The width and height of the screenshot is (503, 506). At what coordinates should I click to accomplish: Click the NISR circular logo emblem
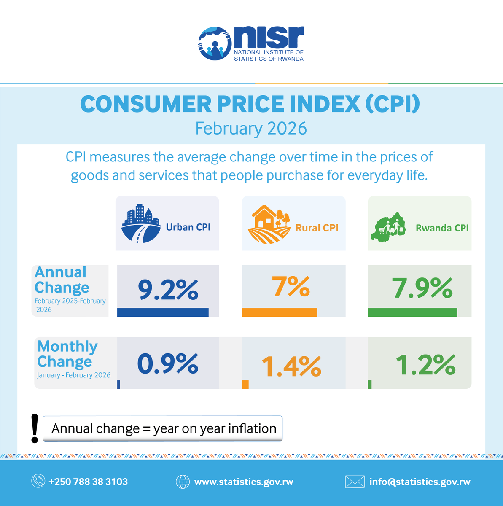[x=215, y=43]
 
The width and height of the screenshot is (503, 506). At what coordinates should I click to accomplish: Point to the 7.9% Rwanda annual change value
[x=422, y=288]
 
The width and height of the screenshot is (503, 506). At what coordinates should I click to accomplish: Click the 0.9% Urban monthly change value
[x=168, y=363]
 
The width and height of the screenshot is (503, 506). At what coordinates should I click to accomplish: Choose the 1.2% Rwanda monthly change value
[x=425, y=365]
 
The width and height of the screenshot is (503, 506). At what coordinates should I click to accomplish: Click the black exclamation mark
[x=35, y=428]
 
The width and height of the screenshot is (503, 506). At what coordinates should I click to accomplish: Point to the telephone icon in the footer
[x=38, y=482]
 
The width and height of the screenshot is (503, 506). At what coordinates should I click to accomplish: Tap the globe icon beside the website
[x=183, y=482]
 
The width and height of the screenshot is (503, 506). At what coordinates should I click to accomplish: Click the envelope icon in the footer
[x=355, y=482]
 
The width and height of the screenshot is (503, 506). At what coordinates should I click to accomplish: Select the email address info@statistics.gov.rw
[x=420, y=482]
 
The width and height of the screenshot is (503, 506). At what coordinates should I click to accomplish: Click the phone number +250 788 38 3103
[x=88, y=482]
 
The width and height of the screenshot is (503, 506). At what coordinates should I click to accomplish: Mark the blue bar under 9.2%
[x=163, y=312]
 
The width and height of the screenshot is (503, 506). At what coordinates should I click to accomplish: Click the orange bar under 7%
[x=279, y=312]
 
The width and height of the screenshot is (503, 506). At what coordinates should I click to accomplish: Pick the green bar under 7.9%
[x=412, y=312]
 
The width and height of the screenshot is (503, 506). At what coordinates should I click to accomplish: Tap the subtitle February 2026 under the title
[x=251, y=129]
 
